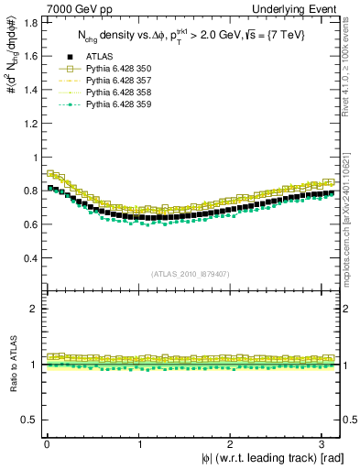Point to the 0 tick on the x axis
pyautogui.click(x=47, y=443)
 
